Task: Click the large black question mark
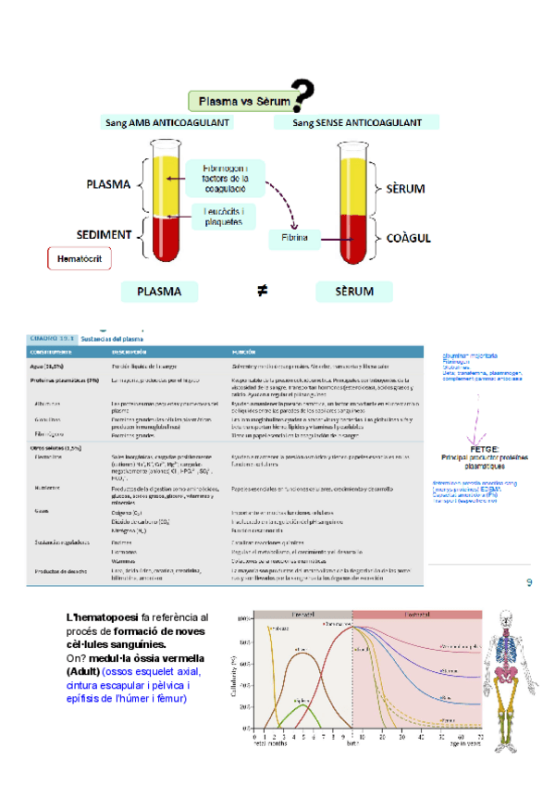(x=302, y=96)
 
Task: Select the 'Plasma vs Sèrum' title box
(x=240, y=100)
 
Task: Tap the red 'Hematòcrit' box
(x=79, y=258)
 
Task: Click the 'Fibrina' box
(x=293, y=239)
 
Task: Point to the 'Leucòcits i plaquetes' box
(x=229, y=216)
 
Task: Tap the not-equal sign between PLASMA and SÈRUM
(x=262, y=291)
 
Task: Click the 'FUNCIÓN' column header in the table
(x=249, y=352)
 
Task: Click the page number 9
(x=529, y=582)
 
